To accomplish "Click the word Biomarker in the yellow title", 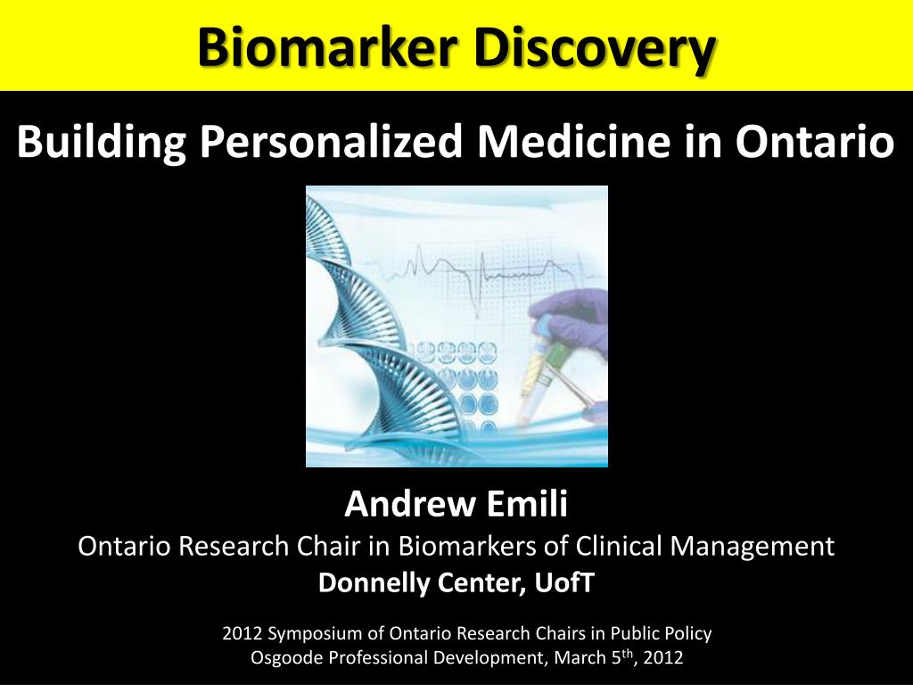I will click(327, 47).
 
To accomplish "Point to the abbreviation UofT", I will click(564, 583).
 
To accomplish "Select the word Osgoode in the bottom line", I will click(284, 659).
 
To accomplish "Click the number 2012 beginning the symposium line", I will click(243, 634).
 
